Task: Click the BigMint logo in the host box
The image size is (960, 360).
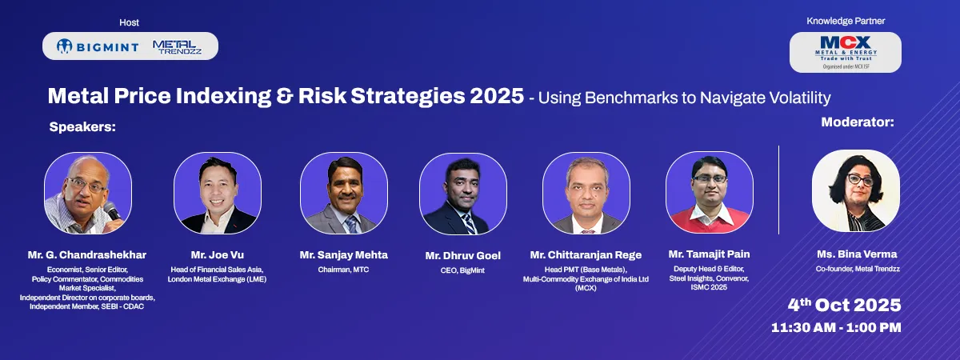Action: coord(98,46)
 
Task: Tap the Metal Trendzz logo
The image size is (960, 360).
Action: coord(177,47)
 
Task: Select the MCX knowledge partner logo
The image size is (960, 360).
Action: coord(846,52)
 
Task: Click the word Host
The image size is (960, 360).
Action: coord(129,22)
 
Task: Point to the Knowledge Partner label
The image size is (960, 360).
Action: coord(846,21)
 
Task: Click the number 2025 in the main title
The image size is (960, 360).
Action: coord(497,96)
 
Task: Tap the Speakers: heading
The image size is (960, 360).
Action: coord(82,127)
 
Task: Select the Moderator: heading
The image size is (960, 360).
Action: coord(858,122)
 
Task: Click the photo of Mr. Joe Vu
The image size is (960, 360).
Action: coord(218,194)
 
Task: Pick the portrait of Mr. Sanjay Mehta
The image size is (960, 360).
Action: coord(344,194)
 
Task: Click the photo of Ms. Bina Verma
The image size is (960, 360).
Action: coord(856,191)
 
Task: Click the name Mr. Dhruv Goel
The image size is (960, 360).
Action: coord(463,256)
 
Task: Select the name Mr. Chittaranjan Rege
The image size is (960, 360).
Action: coord(586,255)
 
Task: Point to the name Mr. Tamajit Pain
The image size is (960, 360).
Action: coord(710,254)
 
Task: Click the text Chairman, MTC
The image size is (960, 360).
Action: coord(343,270)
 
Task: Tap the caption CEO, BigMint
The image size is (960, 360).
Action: coord(462,270)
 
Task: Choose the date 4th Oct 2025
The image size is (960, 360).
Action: coord(844,305)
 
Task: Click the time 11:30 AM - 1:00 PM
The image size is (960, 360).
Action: coord(836,328)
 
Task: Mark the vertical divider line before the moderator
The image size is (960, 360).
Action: coord(778,190)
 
